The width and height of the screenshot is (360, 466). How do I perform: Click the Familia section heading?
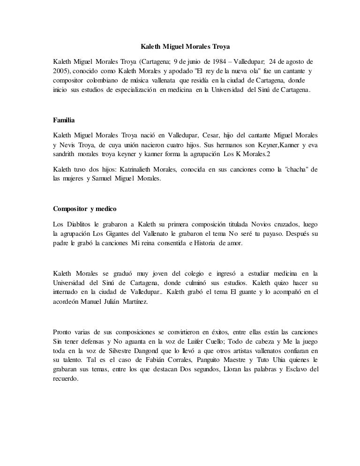coord(64,120)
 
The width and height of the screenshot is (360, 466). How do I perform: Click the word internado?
coord(68,292)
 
